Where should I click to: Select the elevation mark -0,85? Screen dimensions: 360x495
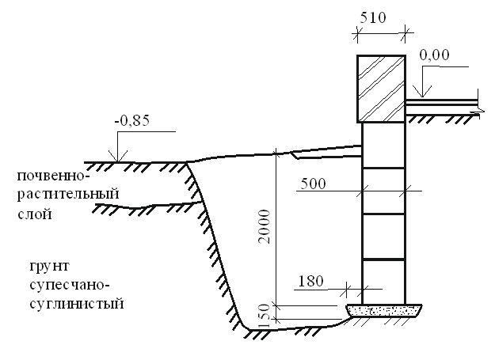click(131, 121)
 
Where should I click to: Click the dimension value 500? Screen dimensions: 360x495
click(313, 182)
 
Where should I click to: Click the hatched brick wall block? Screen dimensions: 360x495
click(383, 88)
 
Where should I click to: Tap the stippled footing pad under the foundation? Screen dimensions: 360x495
click(383, 309)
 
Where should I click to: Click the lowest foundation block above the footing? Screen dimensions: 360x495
click(383, 282)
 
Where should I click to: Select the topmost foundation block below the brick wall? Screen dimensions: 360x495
click(383, 145)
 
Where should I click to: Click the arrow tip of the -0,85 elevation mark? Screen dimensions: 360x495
click(117, 163)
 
